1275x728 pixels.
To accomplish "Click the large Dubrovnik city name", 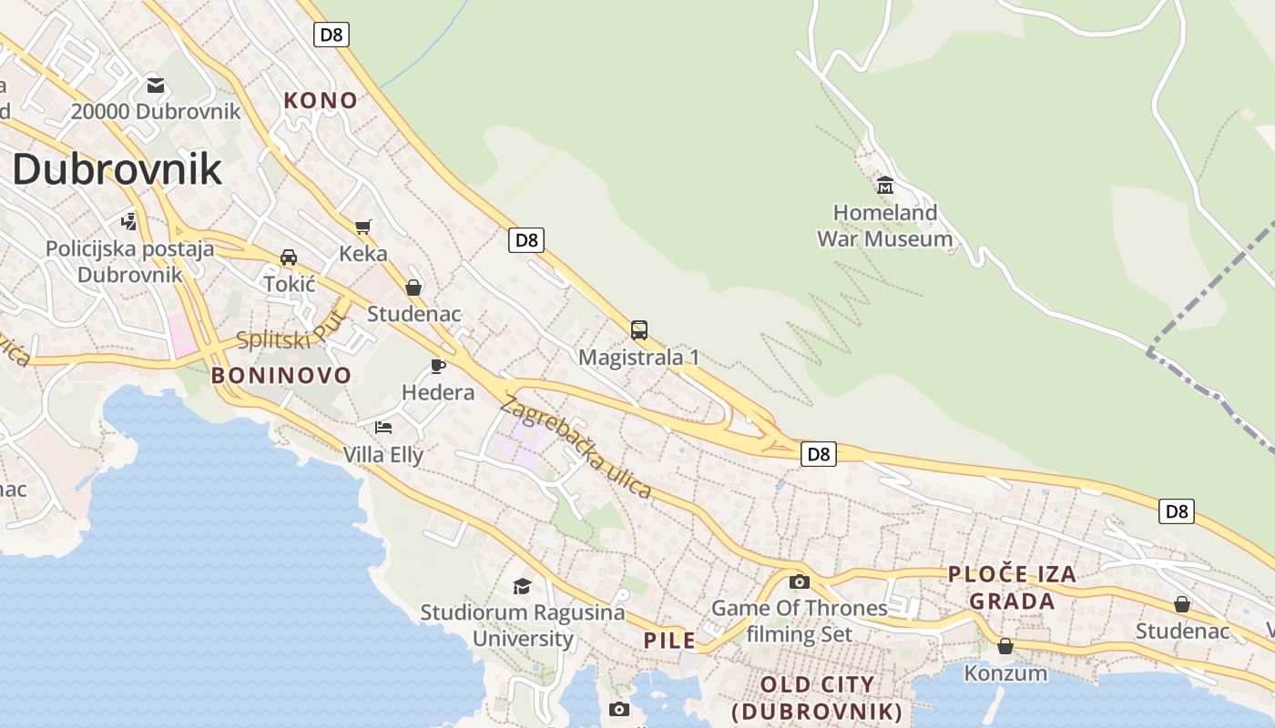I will (x=117, y=169).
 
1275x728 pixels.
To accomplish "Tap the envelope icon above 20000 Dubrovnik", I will (x=156, y=86).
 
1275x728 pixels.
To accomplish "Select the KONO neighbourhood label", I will (x=321, y=101).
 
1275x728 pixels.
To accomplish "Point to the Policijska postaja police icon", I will (x=129, y=220).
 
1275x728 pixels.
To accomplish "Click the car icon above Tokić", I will (x=289, y=257).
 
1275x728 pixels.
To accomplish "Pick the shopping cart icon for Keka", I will (x=363, y=227).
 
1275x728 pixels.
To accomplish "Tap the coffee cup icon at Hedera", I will (x=438, y=366).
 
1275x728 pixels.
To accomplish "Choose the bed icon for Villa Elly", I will (x=383, y=427).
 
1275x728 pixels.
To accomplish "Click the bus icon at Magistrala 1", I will (x=639, y=329).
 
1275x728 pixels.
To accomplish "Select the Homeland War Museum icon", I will (x=884, y=186).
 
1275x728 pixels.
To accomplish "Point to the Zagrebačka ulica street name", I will (x=576, y=448).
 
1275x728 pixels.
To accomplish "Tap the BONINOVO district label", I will (x=281, y=376).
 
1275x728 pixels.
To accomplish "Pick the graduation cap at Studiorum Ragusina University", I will (x=522, y=586).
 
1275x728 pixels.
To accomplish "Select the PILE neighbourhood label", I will (x=669, y=641).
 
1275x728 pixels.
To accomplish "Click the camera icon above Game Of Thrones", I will (x=800, y=581).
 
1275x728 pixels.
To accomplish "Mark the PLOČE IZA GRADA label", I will (x=1012, y=587).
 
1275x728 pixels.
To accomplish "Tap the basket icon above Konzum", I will (x=1005, y=646).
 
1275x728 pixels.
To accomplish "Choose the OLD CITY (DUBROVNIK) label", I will (x=817, y=698).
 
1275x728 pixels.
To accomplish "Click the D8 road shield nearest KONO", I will (x=331, y=35).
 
